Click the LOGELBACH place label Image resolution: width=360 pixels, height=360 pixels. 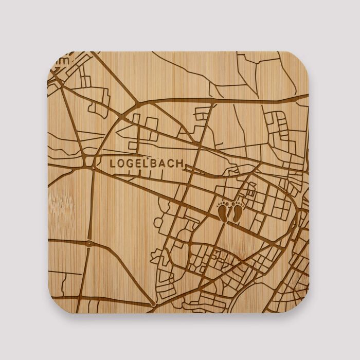147,164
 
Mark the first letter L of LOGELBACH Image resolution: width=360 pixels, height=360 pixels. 113,164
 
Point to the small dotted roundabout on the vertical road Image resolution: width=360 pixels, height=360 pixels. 89,242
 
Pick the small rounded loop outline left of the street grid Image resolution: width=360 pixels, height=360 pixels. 159,222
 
